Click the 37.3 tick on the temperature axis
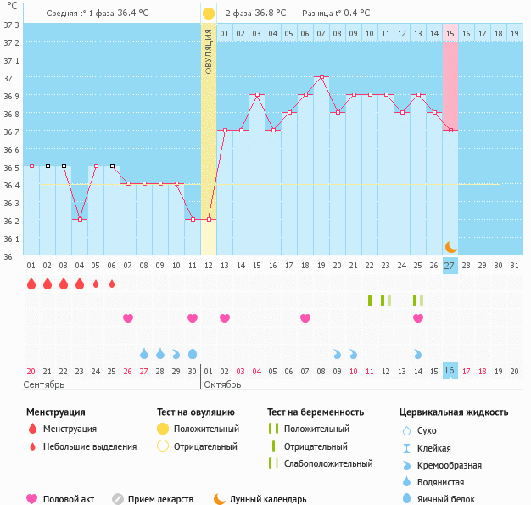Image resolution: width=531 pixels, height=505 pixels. click(x=11, y=25)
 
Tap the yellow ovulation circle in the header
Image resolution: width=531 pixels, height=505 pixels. click(x=209, y=14)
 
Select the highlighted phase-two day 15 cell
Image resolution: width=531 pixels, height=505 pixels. click(x=450, y=33)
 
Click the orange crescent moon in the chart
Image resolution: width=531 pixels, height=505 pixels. click(x=451, y=246)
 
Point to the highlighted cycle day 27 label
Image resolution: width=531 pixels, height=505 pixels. click(x=450, y=266)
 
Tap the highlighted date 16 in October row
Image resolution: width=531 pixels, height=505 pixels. click(x=450, y=371)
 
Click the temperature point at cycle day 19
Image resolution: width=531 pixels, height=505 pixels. click(x=321, y=76)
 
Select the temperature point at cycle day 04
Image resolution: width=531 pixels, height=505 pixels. click(x=80, y=219)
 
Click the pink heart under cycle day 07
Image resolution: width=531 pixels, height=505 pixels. click(x=128, y=318)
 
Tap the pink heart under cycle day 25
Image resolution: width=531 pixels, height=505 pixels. click(x=418, y=318)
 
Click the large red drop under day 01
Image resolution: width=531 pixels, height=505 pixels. click(x=31, y=283)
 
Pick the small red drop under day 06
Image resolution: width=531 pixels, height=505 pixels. click(x=112, y=283)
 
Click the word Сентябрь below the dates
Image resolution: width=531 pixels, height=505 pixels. click(x=44, y=384)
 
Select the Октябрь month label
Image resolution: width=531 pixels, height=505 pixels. click(x=224, y=384)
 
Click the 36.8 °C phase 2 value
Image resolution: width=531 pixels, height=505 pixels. click(x=270, y=14)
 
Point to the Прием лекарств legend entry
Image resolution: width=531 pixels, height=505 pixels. click(x=159, y=500)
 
